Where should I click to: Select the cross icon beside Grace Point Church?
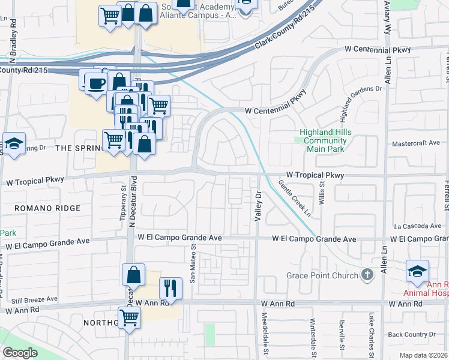click(x=369, y=275)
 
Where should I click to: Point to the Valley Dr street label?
click(x=258, y=206)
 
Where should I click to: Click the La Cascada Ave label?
click(x=417, y=227)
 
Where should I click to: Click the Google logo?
click(x=20, y=353)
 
